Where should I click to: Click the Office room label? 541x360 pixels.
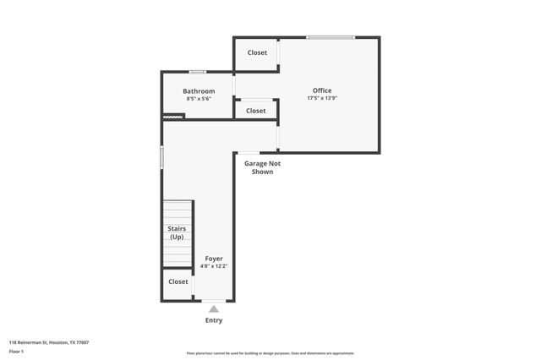click(322, 90)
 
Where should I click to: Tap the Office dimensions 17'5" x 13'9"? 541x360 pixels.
click(322, 98)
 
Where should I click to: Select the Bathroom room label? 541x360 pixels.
click(199, 91)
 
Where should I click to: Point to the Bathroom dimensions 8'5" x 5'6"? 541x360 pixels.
click(199, 99)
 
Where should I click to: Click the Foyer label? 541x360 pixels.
click(214, 259)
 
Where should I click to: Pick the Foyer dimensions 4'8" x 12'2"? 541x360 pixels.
click(214, 266)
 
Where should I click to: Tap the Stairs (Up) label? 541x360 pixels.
click(177, 232)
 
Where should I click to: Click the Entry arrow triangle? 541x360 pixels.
click(214, 309)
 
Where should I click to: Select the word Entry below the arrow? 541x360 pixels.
click(214, 321)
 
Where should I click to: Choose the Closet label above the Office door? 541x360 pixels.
click(257, 52)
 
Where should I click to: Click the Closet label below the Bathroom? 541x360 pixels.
click(255, 111)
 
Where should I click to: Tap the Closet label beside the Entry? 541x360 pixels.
click(178, 281)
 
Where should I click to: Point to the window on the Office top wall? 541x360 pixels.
click(331, 37)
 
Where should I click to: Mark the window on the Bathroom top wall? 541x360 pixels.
click(197, 72)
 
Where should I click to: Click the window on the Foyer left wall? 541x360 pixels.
click(162, 156)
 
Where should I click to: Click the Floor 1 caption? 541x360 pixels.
click(16, 350)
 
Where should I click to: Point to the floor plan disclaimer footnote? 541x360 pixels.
click(270, 353)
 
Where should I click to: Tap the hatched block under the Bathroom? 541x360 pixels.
click(173, 117)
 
